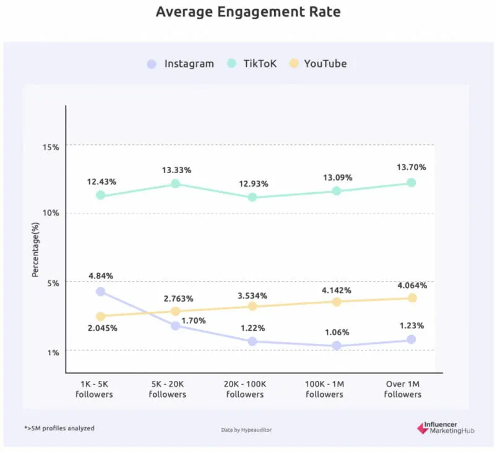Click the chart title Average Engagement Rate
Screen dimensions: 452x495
click(248, 12)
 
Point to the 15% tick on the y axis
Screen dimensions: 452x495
click(51, 147)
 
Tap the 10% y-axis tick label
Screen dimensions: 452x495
click(51, 213)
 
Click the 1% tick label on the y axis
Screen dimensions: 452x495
click(53, 352)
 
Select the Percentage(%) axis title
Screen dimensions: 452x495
click(36, 246)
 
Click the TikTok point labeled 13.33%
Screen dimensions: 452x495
click(175, 184)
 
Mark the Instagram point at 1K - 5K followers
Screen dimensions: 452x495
click(100, 291)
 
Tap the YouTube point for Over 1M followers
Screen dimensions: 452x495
click(412, 298)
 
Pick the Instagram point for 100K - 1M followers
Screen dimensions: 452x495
click(337, 346)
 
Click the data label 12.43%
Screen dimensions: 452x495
click(101, 182)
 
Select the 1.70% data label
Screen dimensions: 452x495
click(194, 321)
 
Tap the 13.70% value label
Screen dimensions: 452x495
click(411, 168)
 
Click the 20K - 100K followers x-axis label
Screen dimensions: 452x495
click(245, 389)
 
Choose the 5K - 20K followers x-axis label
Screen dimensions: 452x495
click(167, 389)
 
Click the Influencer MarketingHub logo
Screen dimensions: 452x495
click(445, 428)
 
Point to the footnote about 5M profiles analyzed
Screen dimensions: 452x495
click(60, 428)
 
